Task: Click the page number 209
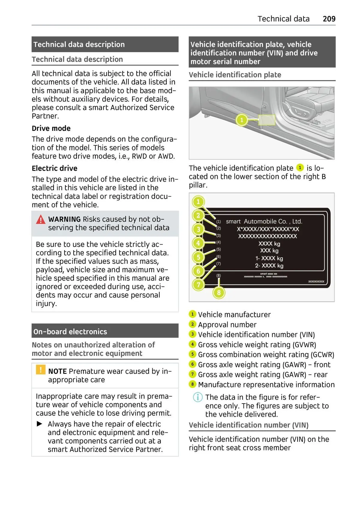click(x=329, y=19)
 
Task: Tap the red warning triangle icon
click(x=40, y=220)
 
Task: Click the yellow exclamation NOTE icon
click(x=40, y=369)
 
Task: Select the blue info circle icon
click(x=197, y=397)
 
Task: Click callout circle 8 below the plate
click(x=219, y=293)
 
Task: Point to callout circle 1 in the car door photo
click(x=241, y=120)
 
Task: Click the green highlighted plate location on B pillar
click(x=266, y=120)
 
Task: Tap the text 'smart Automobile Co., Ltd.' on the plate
click(x=264, y=221)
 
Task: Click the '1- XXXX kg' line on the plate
click(x=269, y=258)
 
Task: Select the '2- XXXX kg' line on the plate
click(x=269, y=266)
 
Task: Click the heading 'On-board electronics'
click(x=70, y=332)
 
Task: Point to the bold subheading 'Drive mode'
click(x=51, y=128)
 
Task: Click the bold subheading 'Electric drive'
click(x=55, y=168)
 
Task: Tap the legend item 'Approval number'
click(x=227, y=325)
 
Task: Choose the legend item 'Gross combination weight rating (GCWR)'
click(x=266, y=355)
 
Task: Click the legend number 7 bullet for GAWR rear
click(x=192, y=374)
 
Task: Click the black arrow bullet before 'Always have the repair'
click(x=40, y=424)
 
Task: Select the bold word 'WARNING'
click(x=64, y=219)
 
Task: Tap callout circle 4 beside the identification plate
click(x=198, y=243)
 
